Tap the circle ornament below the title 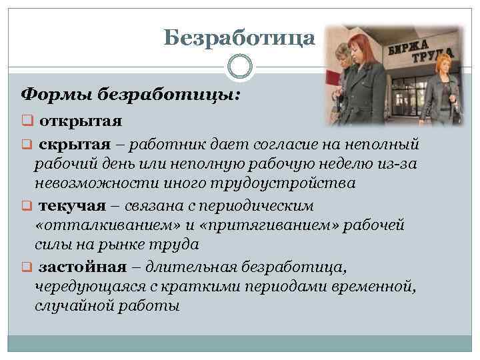coord(240,67)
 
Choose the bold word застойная coord(82,267)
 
